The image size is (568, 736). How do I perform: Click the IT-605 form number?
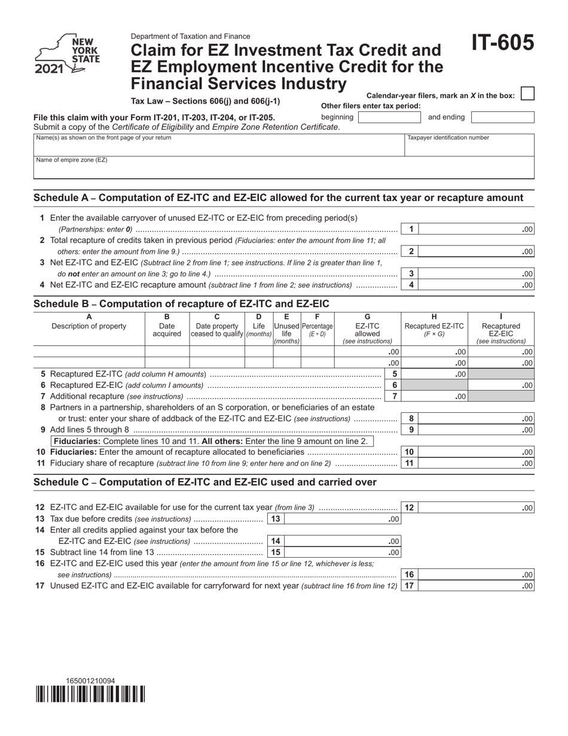[x=502, y=43]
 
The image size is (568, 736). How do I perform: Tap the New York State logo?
[x=67, y=54]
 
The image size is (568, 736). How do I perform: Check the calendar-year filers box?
[x=527, y=94]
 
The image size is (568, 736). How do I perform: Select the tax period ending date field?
[x=502, y=117]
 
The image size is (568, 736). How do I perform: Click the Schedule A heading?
[x=278, y=198]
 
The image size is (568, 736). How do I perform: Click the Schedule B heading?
[x=181, y=304]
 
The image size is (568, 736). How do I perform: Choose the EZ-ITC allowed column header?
[x=367, y=330]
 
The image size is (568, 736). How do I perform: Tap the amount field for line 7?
[x=434, y=397]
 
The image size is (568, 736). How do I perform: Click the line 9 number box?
[x=410, y=430]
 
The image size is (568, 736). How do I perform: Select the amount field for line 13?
[x=343, y=519]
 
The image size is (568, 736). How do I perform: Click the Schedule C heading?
[x=205, y=482]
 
